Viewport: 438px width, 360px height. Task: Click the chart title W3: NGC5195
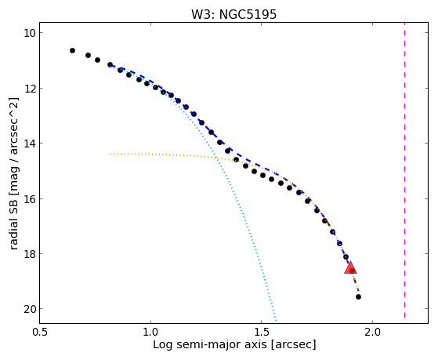coord(233,14)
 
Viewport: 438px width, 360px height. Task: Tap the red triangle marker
coord(350,268)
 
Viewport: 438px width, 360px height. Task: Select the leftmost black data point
coord(72,51)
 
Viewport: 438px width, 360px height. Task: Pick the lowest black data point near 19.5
coord(358,296)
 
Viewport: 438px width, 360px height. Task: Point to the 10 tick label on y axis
coord(29,33)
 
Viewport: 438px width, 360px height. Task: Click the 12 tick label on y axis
coord(29,89)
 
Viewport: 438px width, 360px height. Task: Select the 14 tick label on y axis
coord(29,144)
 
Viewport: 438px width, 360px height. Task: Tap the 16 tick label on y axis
coord(29,199)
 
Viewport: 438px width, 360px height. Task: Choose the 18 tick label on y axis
coord(29,254)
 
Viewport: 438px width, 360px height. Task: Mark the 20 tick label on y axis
coord(29,309)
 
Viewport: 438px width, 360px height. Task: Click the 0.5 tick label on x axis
coord(40,332)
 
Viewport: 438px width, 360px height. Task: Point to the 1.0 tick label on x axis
coord(150,332)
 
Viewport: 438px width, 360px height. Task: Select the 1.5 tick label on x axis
coord(261,332)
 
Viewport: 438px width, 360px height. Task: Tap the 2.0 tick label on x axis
coord(373,332)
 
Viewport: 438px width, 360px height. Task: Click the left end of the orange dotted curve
coord(110,154)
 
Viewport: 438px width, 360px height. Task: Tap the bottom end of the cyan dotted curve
coord(276,321)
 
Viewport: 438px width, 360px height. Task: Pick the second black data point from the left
coord(88,56)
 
